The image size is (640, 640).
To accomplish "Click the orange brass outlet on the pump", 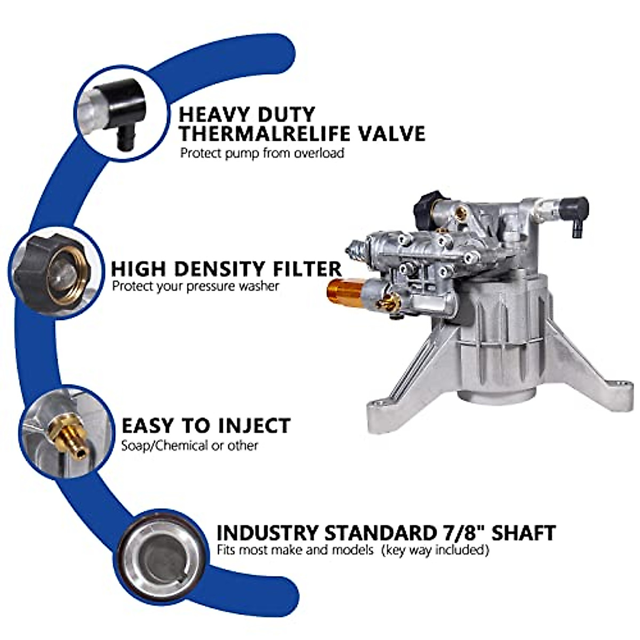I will coord(341,290).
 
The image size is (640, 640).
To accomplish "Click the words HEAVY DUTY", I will coord(246,114).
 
